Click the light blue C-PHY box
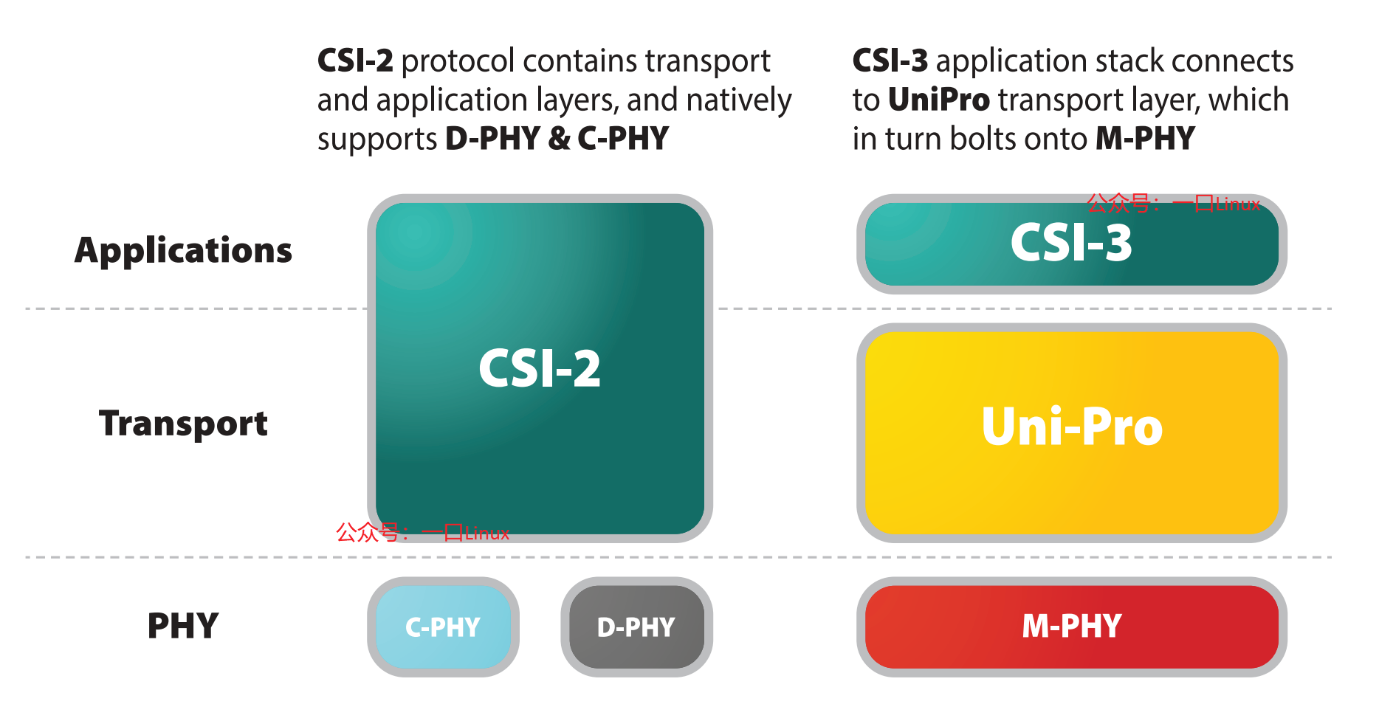pyautogui.click(x=443, y=627)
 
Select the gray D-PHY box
pyautogui.click(x=636, y=627)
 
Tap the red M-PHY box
pyautogui.click(x=1071, y=627)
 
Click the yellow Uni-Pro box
pyautogui.click(x=1071, y=432)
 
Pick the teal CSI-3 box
pyautogui.click(x=1071, y=244)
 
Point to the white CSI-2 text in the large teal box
pyautogui.click(x=540, y=368)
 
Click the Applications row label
pyautogui.click(x=183, y=251)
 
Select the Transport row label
pyautogui.click(x=183, y=424)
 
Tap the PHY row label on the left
pyautogui.click(x=183, y=626)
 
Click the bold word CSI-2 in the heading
pyautogui.click(x=355, y=61)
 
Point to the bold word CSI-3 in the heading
pyautogui.click(x=890, y=61)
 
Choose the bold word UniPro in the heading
pyautogui.click(x=939, y=100)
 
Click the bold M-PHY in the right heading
pyautogui.click(x=1145, y=139)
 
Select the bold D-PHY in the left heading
pyautogui.click(x=492, y=139)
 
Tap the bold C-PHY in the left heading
pyautogui.click(x=623, y=139)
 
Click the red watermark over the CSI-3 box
pyautogui.click(x=1173, y=203)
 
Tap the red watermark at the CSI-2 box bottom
pyautogui.click(x=422, y=532)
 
